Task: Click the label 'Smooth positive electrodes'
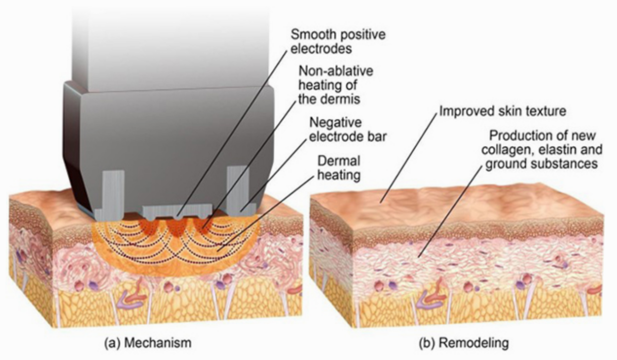pyautogui.click(x=338, y=42)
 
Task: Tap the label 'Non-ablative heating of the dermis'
pyautogui.click(x=336, y=85)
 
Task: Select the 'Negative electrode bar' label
pyautogui.click(x=348, y=130)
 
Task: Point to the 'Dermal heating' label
pyautogui.click(x=339, y=168)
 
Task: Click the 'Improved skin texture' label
pyautogui.click(x=503, y=111)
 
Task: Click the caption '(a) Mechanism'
pyautogui.click(x=148, y=343)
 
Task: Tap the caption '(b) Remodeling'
pyautogui.click(x=464, y=343)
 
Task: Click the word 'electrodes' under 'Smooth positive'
pyautogui.click(x=321, y=49)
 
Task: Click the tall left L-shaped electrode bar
pyautogui.click(x=110, y=195)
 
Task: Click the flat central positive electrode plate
pyautogui.click(x=177, y=211)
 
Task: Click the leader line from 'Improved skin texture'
pyautogui.click(x=409, y=158)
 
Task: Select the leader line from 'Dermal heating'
pyautogui.click(x=266, y=213)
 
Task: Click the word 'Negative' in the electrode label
pyautogui.click(x=336, y=123)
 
